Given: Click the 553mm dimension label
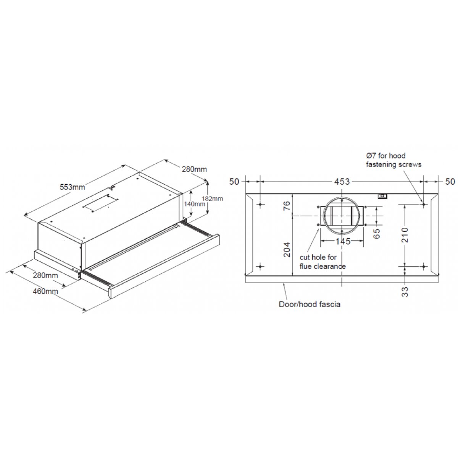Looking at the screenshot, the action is pos(72,187).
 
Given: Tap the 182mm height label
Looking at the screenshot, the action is pos(213,198).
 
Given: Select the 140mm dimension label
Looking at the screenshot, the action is pos(195,204).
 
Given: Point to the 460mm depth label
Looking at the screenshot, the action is pos(45,291).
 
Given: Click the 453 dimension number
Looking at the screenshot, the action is pos(342,182).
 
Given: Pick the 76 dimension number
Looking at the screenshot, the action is pos(287,206).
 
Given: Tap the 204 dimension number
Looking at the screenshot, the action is pos(287,249).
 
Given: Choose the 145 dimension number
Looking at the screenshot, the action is pos(343,242).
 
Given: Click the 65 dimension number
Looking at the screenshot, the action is pos(376,234).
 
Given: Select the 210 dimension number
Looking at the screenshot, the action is pos(405,235).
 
